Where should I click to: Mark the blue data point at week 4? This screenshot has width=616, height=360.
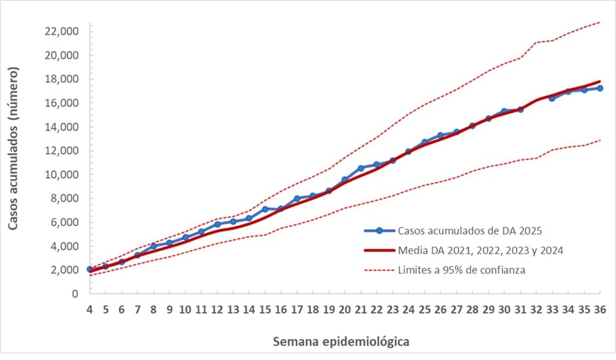pyautogui.click(x=90, y=269)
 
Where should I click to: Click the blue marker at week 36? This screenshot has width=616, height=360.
pyautogui.click(x=600, y=88)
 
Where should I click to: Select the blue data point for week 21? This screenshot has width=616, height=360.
pyautogui.click(x=361, y=168)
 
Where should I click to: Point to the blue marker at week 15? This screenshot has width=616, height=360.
pyautogui.click(x=265, y=209)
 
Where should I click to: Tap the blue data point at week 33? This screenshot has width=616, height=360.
pyautogui.click(x=552, y=98)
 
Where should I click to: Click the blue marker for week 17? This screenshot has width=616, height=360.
pyautogui.click(x=297, y=198)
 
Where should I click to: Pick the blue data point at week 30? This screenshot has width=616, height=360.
pyautogui.click(x=504, y=111)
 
